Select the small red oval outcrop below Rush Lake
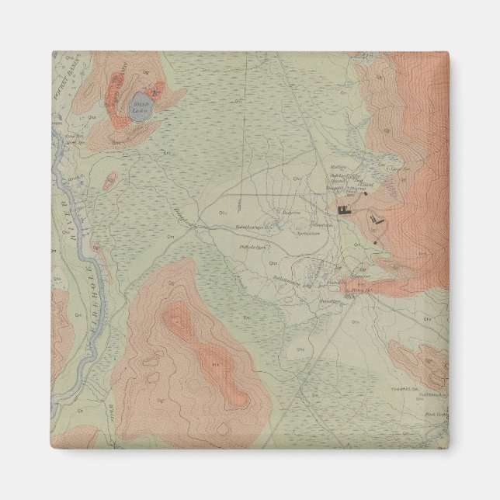[x=109, y=181]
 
